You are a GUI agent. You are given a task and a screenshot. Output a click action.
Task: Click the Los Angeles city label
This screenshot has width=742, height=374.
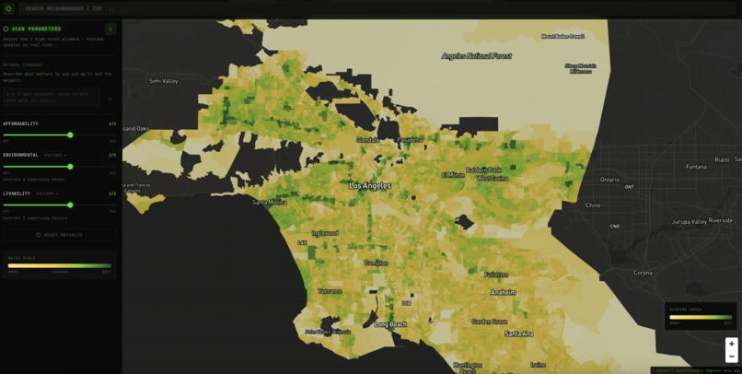pyautogui.click(x=369, y=185)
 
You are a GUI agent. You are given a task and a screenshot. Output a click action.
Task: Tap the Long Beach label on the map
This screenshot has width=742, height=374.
pyautogui.click(x=389, y=324)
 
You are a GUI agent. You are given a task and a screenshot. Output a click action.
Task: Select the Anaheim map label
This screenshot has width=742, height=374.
pyautogui.click(x=503, y=292)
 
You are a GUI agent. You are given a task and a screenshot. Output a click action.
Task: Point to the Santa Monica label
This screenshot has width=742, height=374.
pyautogui.click(x=270, y=203)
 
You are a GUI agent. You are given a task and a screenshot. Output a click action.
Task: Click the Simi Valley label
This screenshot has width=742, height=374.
pyautogui.click(x=163, y=81)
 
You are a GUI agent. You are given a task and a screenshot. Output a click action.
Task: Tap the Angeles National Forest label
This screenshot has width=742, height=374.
pyautogui.click(x=476, y=55)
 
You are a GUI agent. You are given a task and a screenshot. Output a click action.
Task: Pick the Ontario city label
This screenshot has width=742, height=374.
pyautogui.click(x=609, y=180)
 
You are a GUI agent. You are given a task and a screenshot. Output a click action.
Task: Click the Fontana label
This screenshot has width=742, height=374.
pyautogui.click(x=696, y=167)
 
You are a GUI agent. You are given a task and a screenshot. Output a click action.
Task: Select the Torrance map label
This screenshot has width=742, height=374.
pyautogui.click(x=330, y=291)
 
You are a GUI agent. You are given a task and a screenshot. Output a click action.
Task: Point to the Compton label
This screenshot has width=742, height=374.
pyautogui.click(x=376, y=263)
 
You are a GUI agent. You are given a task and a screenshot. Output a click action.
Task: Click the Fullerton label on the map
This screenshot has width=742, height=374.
pyautogui.click(x=496, y=275)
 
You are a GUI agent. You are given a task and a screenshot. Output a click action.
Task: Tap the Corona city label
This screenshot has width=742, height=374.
pyautogui.click(x=643, y=273)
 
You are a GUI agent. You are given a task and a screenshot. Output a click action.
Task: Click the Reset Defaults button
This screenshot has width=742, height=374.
pyautogui.click(x=60, y=235)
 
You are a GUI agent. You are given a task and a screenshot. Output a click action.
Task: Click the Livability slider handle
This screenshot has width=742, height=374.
pyautogui.click(x=70, y=205)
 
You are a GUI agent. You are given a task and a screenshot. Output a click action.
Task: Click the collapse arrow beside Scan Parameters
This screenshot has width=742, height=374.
pyautogui.click(x=110, y=29)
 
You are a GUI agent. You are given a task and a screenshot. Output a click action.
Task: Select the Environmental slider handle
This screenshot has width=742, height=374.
pyautogui.click(x=70, y=167)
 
